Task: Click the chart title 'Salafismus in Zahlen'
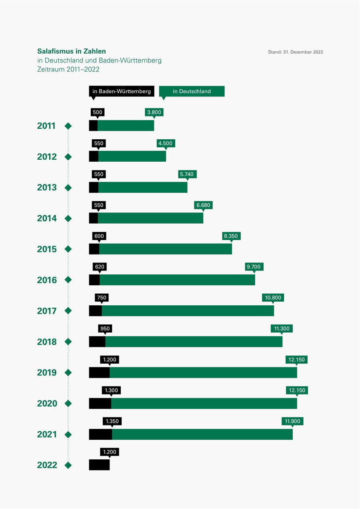(x=72, y=51)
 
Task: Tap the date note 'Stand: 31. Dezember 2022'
(x=296, y=52)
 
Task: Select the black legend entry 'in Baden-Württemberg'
(x=122, y=91)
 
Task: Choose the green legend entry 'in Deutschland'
(x=192, y=91)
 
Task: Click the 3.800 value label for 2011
(x=154, y=112)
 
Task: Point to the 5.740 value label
(x=187, y=174)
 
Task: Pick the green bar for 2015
(x=165, y=249)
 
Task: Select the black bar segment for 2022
(x=99, y=465)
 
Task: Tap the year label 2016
(x=47, y=280)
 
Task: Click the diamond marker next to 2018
(x=68, y=342)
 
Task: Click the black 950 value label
(x=105, y=329)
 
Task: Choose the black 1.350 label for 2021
(x=112, y=421)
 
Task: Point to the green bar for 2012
(x=132, y=156)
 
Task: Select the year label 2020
(x=47, y=403)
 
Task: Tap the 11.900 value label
(x=292, y=421)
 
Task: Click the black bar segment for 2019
(x=99, y=373)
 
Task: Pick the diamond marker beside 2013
(x=68, y=187)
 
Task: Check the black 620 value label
(x=100, y=267)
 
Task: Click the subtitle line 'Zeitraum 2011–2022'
(x=68, y=69)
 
